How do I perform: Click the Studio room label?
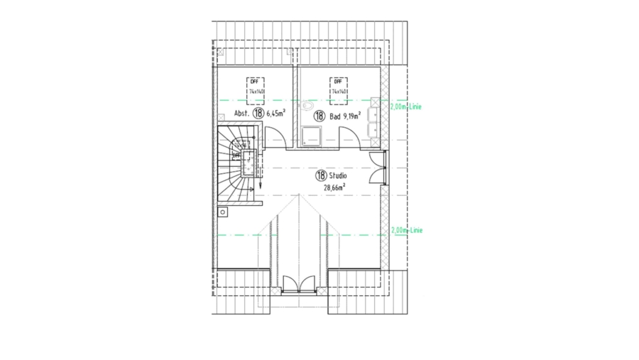click(338, 175)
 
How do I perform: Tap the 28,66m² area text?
click(334, 187)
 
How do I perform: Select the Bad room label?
click(334, 115)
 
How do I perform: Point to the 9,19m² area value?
click(353, 115)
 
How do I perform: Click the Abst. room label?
click(242, 113)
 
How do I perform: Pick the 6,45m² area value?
click(276, 113)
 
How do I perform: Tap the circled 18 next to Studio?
click(321, 175)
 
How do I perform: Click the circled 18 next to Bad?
click(319, 115)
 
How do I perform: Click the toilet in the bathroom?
click(307, 107)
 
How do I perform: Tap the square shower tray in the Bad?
click(310, 136)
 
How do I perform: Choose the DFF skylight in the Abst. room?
click(256, 87)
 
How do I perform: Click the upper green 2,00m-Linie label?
click(406, 107)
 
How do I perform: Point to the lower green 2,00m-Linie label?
click(406, 231)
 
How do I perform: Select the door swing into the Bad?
click(349, 136)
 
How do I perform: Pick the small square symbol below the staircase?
click(222, 211)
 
